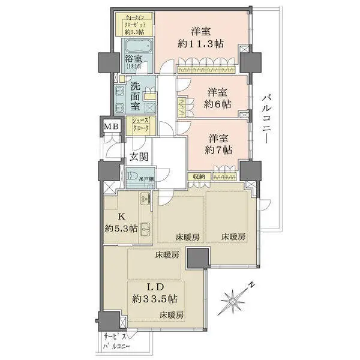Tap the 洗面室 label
(x=136, y=95)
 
